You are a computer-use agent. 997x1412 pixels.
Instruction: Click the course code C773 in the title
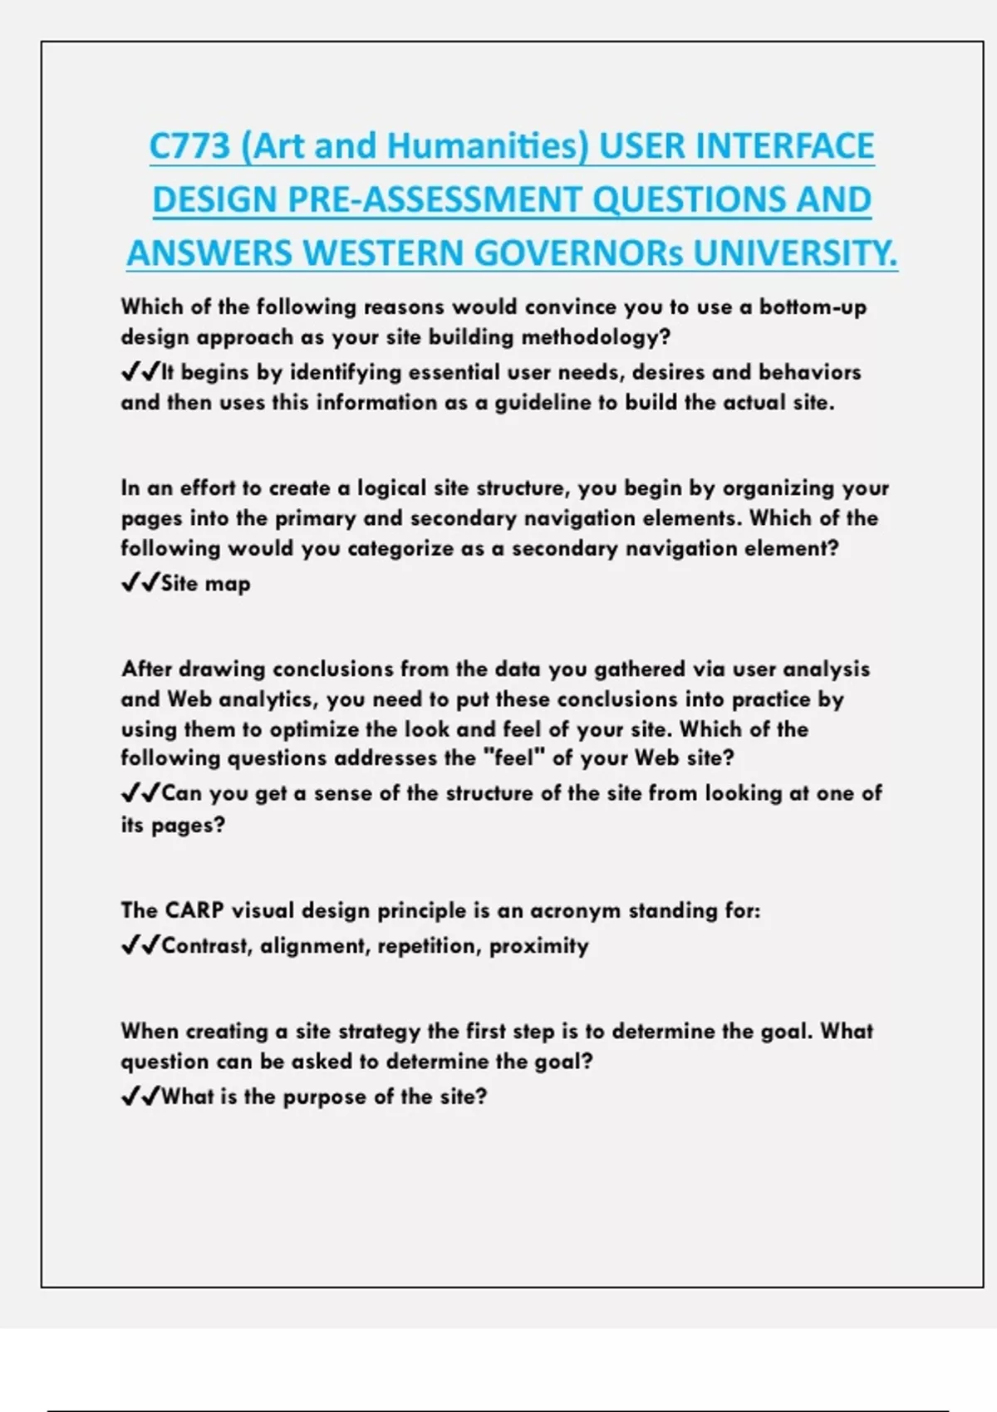189,146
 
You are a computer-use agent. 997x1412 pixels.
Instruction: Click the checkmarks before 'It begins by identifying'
140,372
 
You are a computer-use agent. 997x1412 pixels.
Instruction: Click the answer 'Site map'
205,584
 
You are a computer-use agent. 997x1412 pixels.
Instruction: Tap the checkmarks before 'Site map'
140,583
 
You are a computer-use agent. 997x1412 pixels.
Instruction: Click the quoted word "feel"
513,758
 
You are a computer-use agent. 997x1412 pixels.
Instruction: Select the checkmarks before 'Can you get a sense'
140,793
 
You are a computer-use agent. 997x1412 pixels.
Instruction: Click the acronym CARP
194,910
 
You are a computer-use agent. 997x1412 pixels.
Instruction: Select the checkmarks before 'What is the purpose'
140,1096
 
